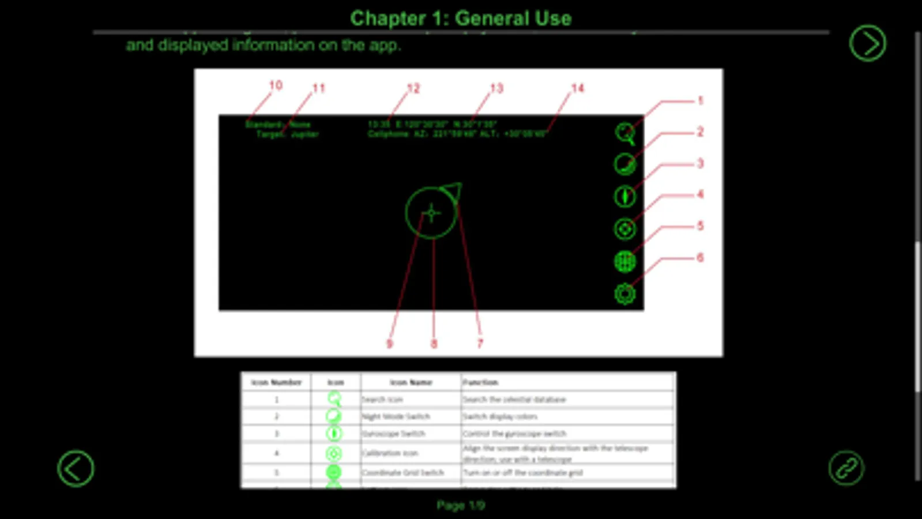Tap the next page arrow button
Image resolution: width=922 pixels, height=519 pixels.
click(x=867, y=43)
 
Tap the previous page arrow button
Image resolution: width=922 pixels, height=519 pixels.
click(x=76, y=468)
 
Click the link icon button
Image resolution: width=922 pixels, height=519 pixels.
click(x=846, y=468)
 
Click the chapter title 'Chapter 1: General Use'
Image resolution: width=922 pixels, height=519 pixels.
click(x=461, y=18)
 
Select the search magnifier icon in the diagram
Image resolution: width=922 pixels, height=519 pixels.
click(x=624, y=133)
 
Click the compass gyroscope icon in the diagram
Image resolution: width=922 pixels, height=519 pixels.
click(x=624, y=197)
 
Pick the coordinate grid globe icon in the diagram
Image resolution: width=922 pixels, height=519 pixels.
click(x=624, y=261)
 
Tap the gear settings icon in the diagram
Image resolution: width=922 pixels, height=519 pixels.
click(x=624, y=294)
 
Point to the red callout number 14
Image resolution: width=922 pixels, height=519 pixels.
click(x=577, y=88)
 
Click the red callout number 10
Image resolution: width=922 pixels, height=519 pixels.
click(x=276, y=85)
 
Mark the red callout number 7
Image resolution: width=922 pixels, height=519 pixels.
click(x=480, y=344)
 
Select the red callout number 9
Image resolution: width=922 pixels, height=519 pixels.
click(x=389, y=344)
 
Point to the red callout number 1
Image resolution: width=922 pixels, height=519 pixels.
click(x=700, y=101)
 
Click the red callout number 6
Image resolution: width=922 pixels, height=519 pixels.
click(x=700, y=258)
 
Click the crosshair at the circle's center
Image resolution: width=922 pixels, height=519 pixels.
click(x=431, y=213)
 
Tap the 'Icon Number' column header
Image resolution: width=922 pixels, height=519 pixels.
click(x=276, y=382)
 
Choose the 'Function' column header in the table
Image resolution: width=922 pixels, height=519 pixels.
click(x=480, y=382)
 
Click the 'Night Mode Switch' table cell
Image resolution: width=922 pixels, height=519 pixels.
click(x=396, y=416)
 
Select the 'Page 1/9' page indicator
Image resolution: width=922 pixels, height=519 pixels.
click(x=460, y=506)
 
